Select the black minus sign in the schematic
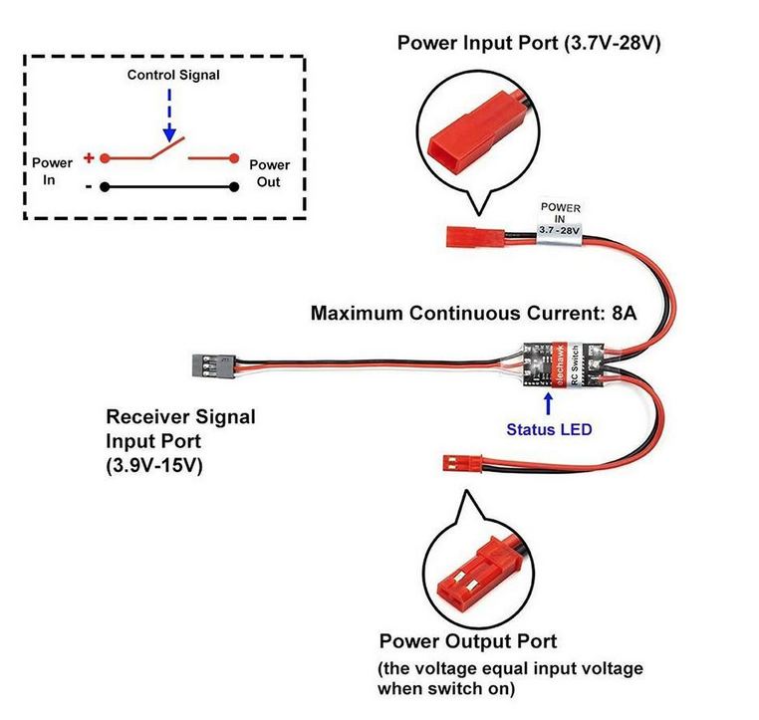tap(90, 185)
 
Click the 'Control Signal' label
tap(173, 75)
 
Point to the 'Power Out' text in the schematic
tap(269, 172)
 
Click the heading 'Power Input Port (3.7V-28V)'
tap(529, 43)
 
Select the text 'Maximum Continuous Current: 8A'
tap(473, 313)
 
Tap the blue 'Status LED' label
tap(549, 430)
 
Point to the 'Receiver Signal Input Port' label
tap(180, 428)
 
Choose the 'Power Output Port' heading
tap(468, 640)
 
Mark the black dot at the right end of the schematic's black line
tap(235, 185)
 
